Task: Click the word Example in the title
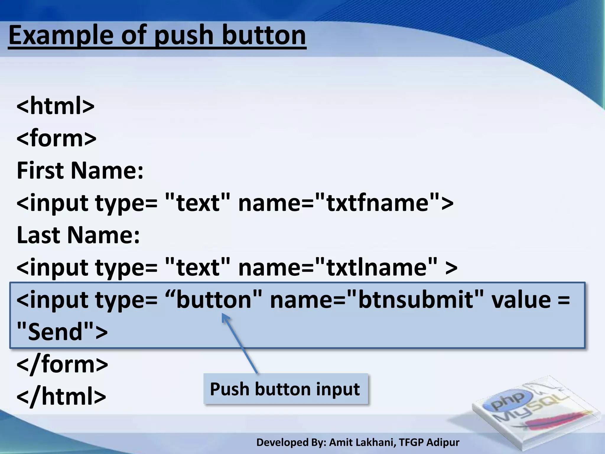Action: point(61,35)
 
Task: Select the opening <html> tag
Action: point(56,106)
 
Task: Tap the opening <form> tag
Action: point(56,138)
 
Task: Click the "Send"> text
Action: point(62,332)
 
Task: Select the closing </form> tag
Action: point(62,364)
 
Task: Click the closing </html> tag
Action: point(61,396)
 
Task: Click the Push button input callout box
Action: point(285,389)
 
